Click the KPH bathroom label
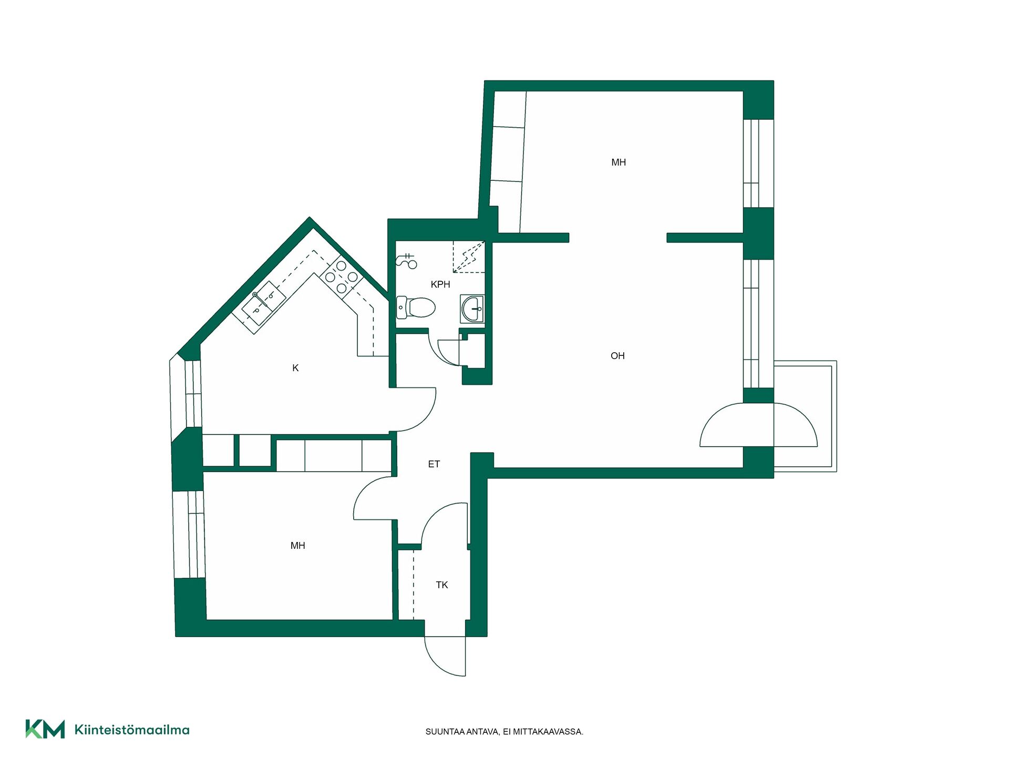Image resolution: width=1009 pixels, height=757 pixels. click(x=440, y=284)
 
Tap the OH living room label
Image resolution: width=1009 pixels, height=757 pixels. click(x=617, y=356)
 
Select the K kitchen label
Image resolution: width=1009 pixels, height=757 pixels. click(x=295, y=368)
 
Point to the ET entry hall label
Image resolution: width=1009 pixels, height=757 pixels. click(x=434, y=464)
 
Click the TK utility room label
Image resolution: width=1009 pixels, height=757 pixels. click(x=442, y=585)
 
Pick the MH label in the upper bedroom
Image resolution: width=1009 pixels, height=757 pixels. click(x=619, y=162)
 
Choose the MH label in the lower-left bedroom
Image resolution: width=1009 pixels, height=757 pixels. click(x=298, y=546)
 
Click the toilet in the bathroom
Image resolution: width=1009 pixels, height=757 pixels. click(x=416, y=308)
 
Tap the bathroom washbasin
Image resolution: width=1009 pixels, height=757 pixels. click(x=472, y=309)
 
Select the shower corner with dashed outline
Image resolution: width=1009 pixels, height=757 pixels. click(x=469, y=257)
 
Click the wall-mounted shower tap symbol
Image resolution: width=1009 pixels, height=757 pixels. click(x=406, y=260)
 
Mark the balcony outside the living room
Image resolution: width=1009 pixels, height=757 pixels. click(x=805, y=416)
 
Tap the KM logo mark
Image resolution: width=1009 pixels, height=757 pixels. click(x=45, y=729)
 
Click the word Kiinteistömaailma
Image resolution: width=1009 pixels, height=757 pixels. click(x=132, y=730)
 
